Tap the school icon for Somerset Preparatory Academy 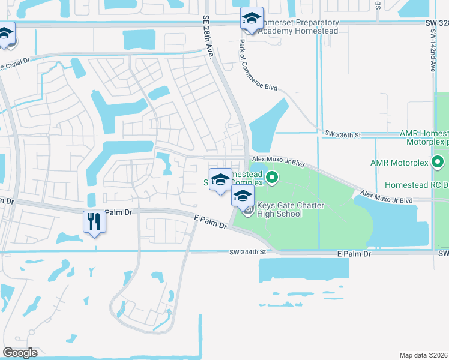252,18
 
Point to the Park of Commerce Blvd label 259,66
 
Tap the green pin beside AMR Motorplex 438,162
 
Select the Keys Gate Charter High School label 291,209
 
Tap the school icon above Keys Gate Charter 243,196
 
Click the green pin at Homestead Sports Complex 272,177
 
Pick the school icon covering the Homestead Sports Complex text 220,180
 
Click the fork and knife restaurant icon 94,221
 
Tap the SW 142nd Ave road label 432,51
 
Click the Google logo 20,353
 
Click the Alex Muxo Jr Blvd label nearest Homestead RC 388,197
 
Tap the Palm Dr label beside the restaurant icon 117,212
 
